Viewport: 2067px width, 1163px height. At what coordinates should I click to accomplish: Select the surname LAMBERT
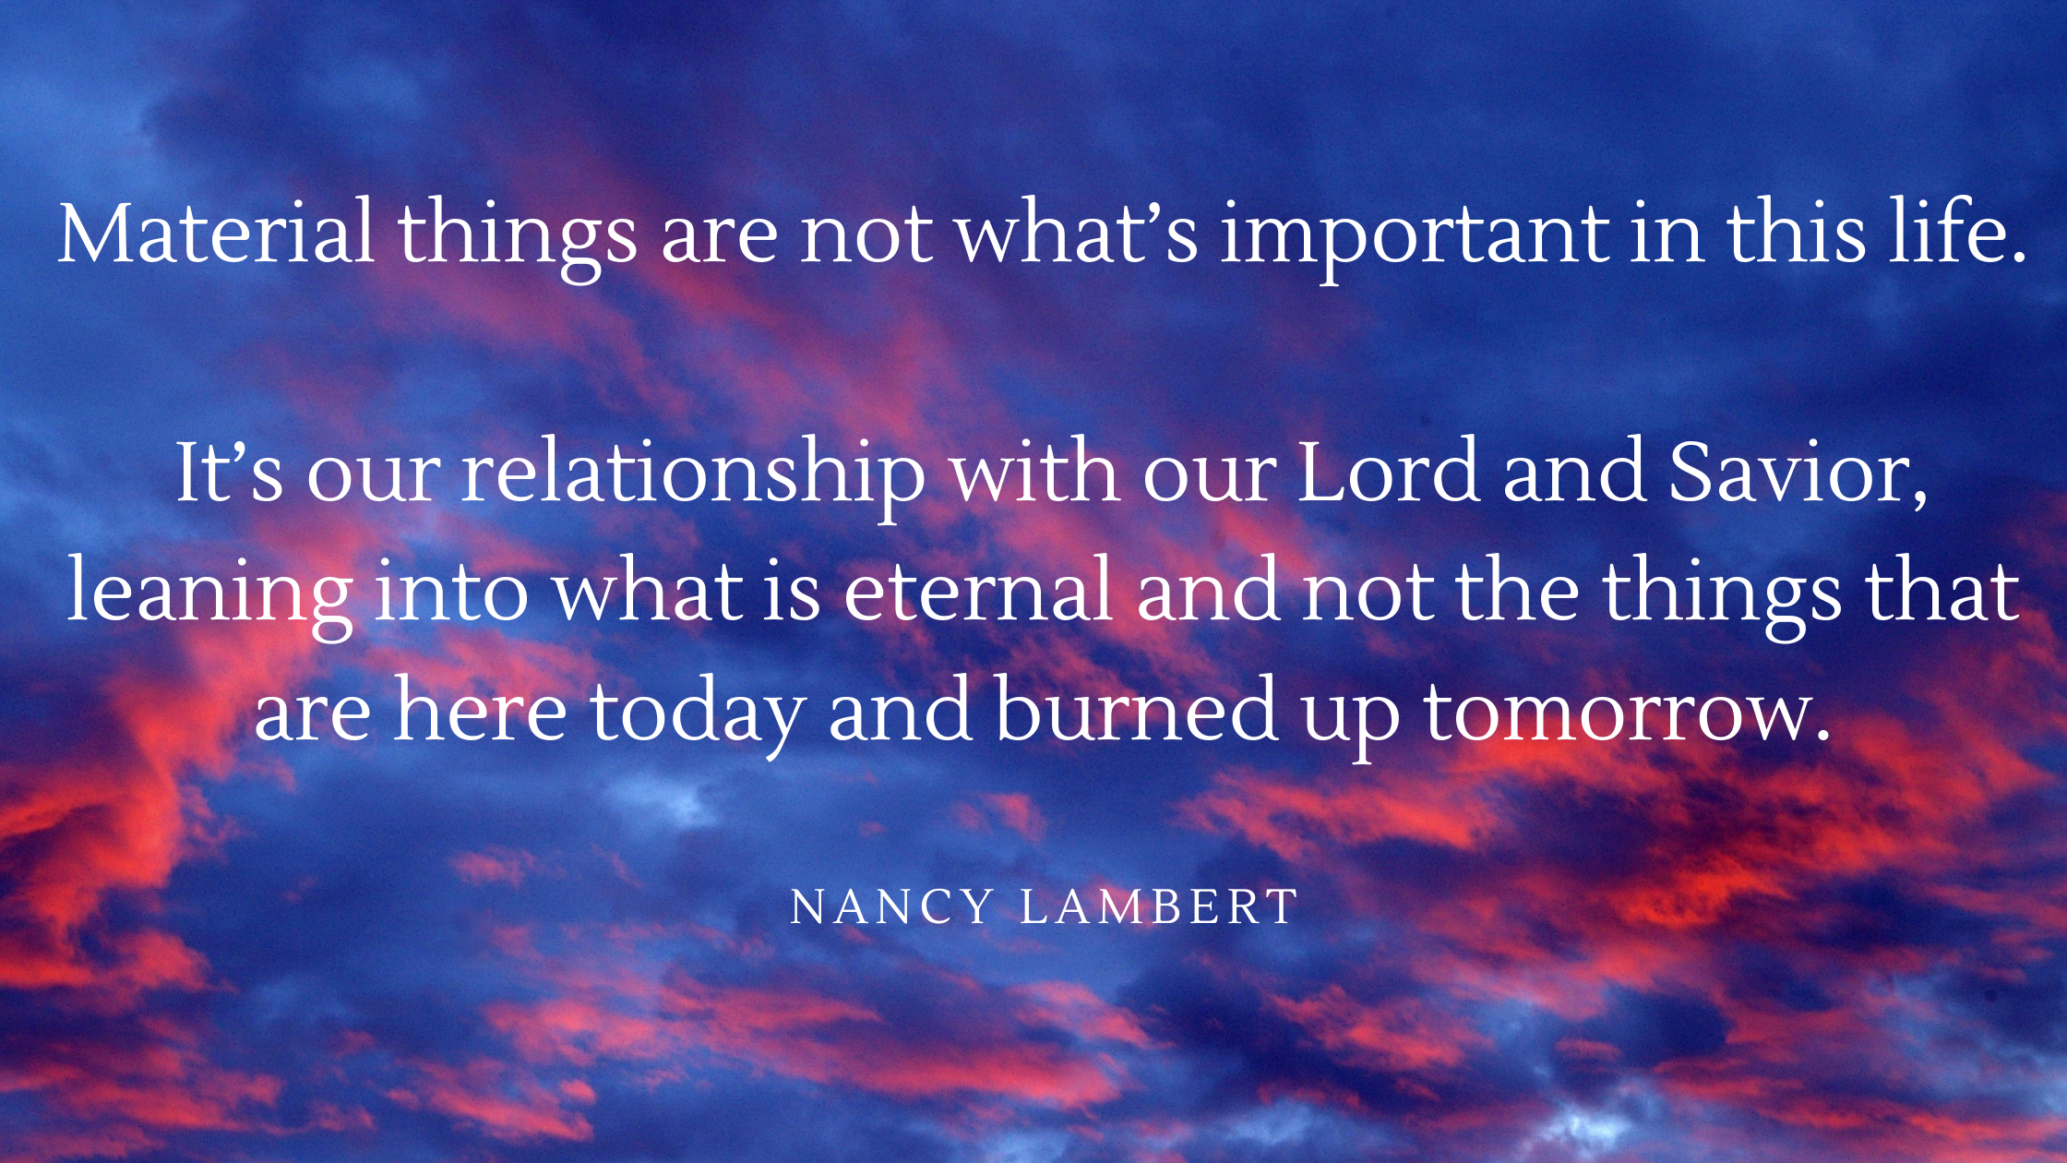tap(1159, 906)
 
